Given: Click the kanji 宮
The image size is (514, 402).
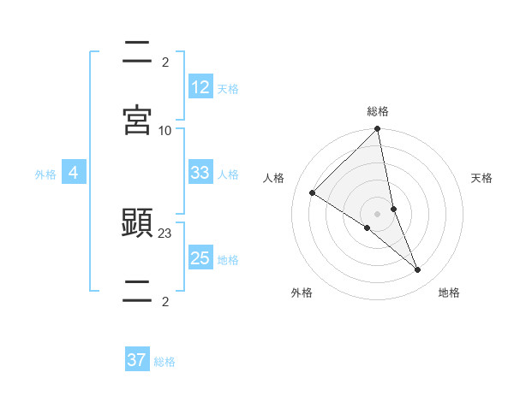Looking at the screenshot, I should pyautogui.click(x=137, y=120).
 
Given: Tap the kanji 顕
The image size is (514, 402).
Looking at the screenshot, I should pyautogui.click(x=137, y=225).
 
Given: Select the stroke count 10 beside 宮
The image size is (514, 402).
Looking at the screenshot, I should pyautogui.click(x=165, y=130).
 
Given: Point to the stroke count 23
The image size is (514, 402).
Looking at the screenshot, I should pyautogui.click(x=165, y=234).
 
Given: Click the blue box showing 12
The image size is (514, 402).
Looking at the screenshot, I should pyautogui.click(x=200, y=87).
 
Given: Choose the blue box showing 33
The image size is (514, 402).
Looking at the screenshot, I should pyautogui.click(x=200, y=173).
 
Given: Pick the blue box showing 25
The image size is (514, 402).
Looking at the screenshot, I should pyautogui.click(x=200, y=258).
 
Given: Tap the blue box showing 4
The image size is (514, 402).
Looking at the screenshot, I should pyautogui.click(x=74, y=173).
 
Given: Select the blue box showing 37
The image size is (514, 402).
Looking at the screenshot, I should pyautogui.click(x=137, y=360).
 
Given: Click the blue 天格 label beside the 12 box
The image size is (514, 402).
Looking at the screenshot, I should pyautogui.click(x=228, y=88).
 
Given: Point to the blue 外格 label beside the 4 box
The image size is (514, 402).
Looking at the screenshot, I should pyautogui.click(x=45, y=174).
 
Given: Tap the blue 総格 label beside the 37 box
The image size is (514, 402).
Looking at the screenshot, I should pyautogui.click(x=164, y=361).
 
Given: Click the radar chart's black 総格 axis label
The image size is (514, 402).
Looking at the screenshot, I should pyautogui.click(x=378, y=111).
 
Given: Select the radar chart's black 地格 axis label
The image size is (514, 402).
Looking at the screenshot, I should pyautogui.click(x=449, y=293).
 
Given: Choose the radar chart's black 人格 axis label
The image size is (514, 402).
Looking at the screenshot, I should pyautogui.click(x=273, y=178).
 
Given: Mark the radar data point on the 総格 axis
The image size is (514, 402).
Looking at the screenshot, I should pyautogui.click(x=378, y=130).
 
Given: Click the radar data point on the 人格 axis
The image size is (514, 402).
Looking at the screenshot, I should pyautogui.click(x=313, y=193).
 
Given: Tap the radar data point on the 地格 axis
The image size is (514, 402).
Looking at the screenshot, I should pyautogui.click(x=418, y=270).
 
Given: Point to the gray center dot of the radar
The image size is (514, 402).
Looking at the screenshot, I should pyautogui.click(x=378, y=214).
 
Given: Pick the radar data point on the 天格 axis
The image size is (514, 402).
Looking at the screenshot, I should pyautogui.click(x=393, y=209).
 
